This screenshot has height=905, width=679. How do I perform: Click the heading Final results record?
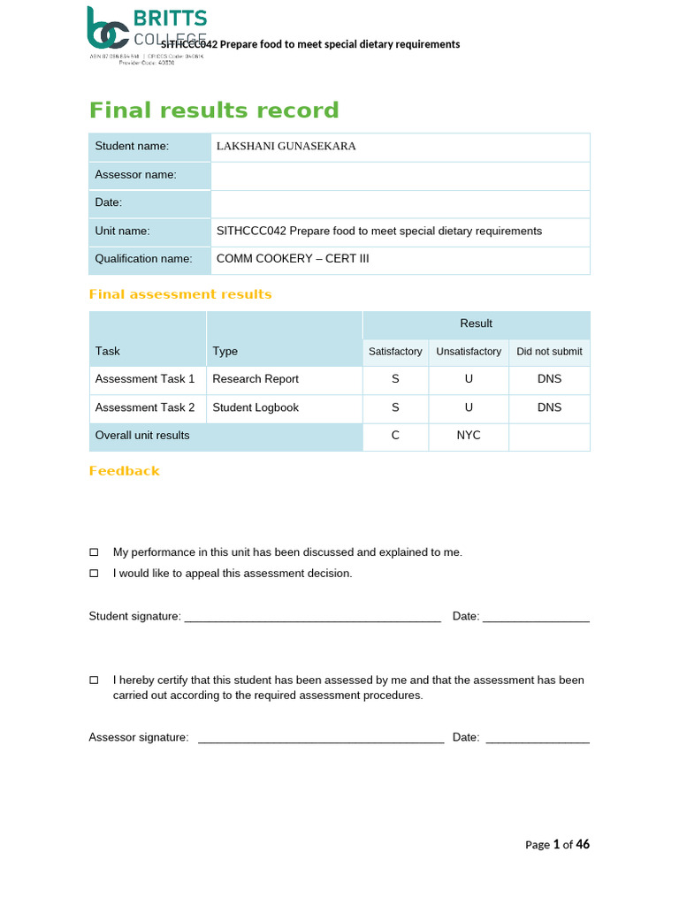(214, 110)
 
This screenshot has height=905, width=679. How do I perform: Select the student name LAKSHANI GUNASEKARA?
(286, 147)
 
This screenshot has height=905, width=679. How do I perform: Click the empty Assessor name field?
(401, 175)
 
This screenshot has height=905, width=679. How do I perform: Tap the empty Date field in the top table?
(401, 203)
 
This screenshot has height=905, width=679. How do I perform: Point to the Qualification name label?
(143, 259)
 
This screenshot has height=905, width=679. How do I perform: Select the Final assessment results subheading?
(180, 294)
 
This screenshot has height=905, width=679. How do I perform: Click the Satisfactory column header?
(395, 352)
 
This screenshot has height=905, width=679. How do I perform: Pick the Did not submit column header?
(549, 352)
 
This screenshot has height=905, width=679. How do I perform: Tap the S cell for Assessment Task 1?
(395, 379)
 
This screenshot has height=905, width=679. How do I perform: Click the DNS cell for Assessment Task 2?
(549, 407)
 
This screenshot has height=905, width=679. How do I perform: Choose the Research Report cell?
(256, 379)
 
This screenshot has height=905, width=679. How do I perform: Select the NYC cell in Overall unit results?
(469, 436)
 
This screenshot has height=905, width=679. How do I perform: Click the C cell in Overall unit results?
(395, 436)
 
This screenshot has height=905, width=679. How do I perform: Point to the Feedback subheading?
(125, 471)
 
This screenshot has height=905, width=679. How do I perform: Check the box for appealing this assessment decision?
(94, 574)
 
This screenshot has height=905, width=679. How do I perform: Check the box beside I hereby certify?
(94, 681)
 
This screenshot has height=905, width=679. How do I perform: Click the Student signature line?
(312, 618)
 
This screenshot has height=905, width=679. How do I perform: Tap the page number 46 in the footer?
(583, 845)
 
